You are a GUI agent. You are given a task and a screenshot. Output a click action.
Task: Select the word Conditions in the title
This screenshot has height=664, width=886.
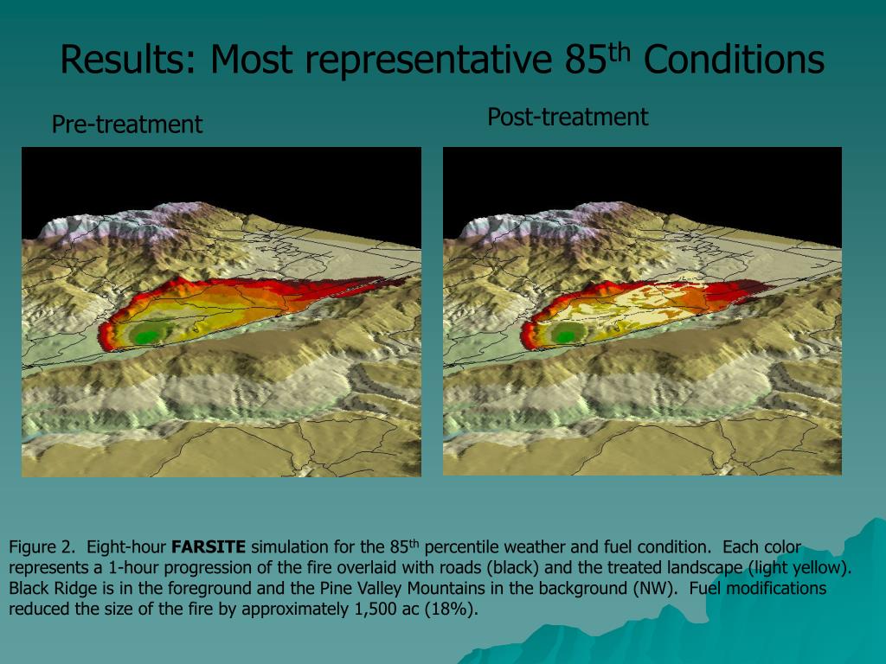[x=735, y=61]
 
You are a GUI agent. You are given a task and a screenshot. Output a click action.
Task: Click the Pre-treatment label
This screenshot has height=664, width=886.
[x=127, y=124]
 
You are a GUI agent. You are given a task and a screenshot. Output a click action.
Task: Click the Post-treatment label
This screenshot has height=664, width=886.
[x=567, y=117]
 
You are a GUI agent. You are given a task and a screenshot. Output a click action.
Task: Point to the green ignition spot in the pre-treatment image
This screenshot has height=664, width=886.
[x=150, y=332]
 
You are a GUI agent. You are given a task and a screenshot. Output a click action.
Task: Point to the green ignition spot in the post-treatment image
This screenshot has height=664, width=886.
[x=568, y=334]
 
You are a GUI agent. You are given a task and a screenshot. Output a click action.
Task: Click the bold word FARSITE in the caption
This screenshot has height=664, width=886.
[x=209, y=547]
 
